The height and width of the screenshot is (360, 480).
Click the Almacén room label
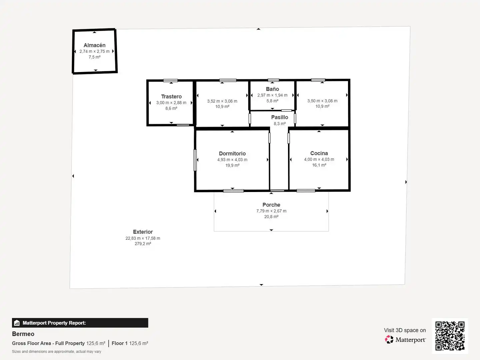[x=94, y=45]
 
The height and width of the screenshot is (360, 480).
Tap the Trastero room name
[x=171, y=97]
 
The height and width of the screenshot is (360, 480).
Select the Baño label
[x=272, y=89]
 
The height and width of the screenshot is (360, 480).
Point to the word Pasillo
[x=279, y=117]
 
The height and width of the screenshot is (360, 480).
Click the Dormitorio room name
[x=232, y=153]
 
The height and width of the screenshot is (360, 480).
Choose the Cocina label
[x=319, y=153]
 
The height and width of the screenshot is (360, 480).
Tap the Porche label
[x=271, y=205]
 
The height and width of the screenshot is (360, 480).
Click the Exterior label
[x=143, y=232]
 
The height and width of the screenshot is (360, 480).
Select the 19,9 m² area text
[x=232, y=165]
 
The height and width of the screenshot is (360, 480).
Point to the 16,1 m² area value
[x=319, y=165]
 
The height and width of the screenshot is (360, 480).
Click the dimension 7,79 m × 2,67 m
[x=271, y=211]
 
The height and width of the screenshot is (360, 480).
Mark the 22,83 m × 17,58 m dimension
[x=143, y=238]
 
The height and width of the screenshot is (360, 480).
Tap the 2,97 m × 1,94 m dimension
[x=272, y=95]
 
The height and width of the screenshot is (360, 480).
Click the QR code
[x=450, y=336]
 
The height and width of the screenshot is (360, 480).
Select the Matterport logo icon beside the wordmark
[x=389, y=339]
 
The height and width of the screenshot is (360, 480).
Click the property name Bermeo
[x=23, y=334]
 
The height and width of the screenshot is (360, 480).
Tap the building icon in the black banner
[x=17, y=323]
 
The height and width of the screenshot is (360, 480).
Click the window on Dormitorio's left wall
[x=195, y=160]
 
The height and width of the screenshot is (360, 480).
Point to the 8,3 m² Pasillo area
[x=279, y=124]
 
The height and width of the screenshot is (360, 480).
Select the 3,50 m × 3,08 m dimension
[x=322, y=101]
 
